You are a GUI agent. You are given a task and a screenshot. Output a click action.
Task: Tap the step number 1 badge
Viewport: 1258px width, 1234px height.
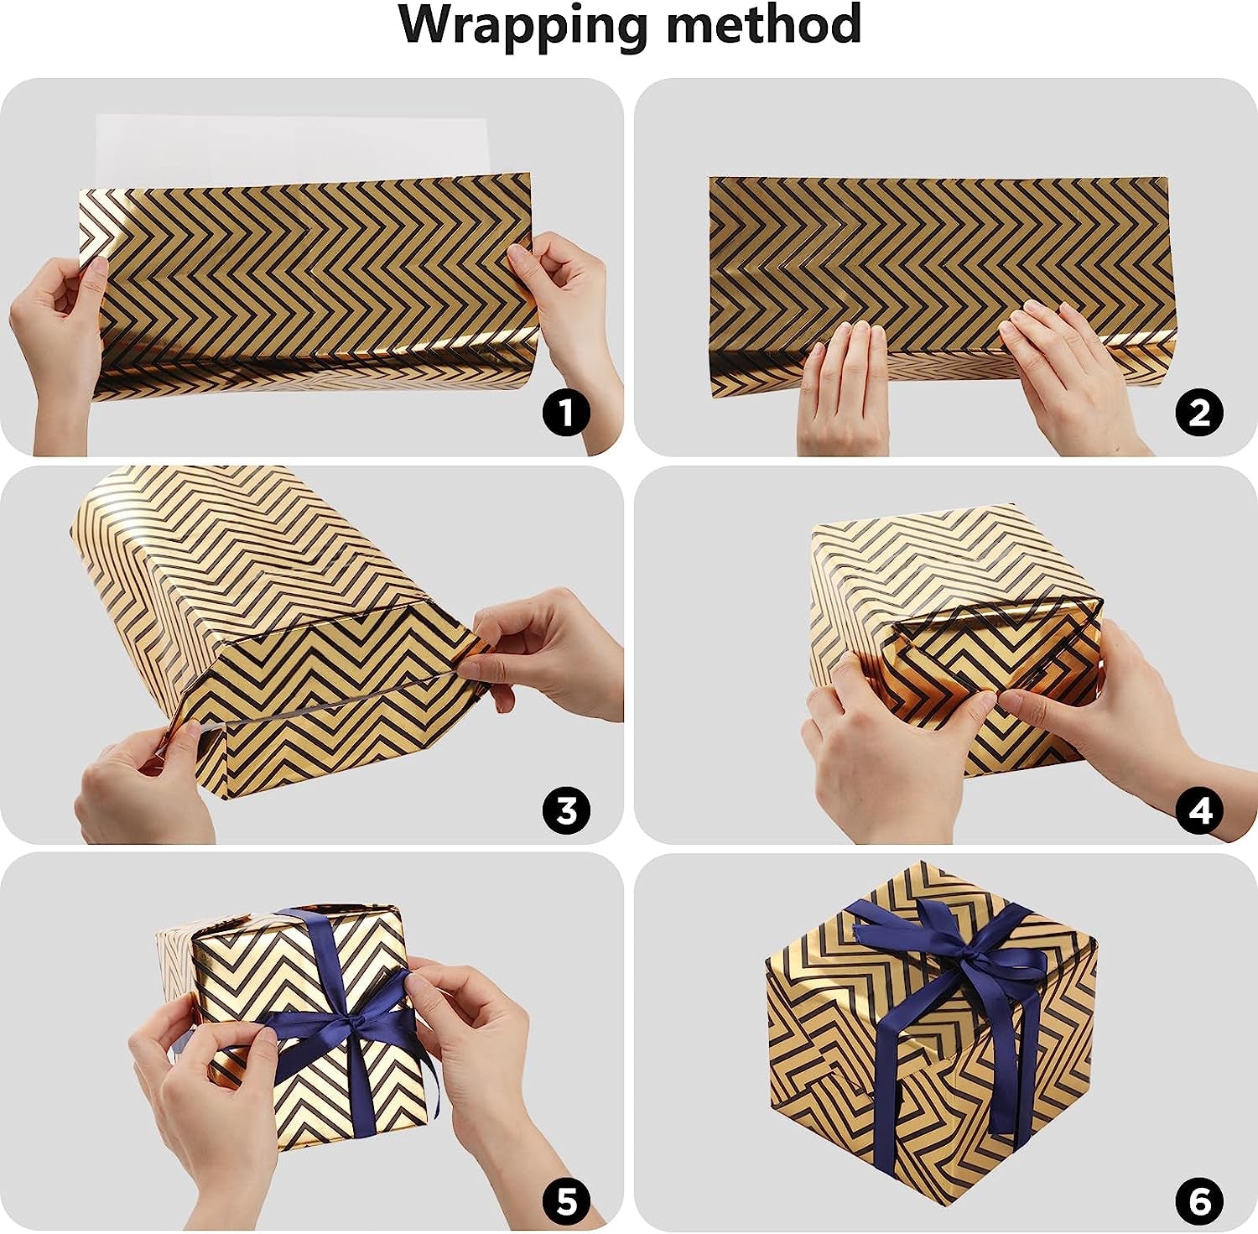(x=566, y=413)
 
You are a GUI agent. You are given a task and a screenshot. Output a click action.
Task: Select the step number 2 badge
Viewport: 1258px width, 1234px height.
(x=1200, y=413)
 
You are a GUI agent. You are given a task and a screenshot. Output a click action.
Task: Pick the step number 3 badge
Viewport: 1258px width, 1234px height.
(x=566, y=810)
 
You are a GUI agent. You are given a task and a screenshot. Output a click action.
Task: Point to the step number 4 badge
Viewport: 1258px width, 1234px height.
(x=1200, y=810)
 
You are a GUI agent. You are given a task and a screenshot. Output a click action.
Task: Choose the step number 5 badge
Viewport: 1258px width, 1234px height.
(x=566, y=1200)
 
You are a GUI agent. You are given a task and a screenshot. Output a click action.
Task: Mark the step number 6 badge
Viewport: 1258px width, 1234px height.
(x=1200, y=1200)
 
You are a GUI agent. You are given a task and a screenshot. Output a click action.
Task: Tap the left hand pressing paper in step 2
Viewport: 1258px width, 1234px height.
(x=843, y=386)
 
